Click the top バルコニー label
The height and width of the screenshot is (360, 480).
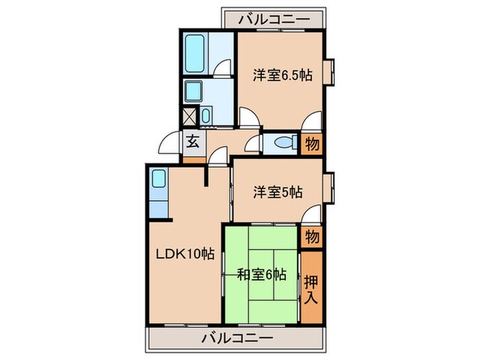[273, 19]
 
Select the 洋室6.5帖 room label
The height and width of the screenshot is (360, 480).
[282, 76]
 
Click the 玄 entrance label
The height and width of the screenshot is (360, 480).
[193, 143]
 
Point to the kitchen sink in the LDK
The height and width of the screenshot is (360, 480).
[158, 182]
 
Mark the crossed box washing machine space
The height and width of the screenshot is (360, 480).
[189, 117]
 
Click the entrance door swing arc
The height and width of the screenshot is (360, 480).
[167, 145]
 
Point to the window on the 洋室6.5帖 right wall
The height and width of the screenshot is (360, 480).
[328, 72]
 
